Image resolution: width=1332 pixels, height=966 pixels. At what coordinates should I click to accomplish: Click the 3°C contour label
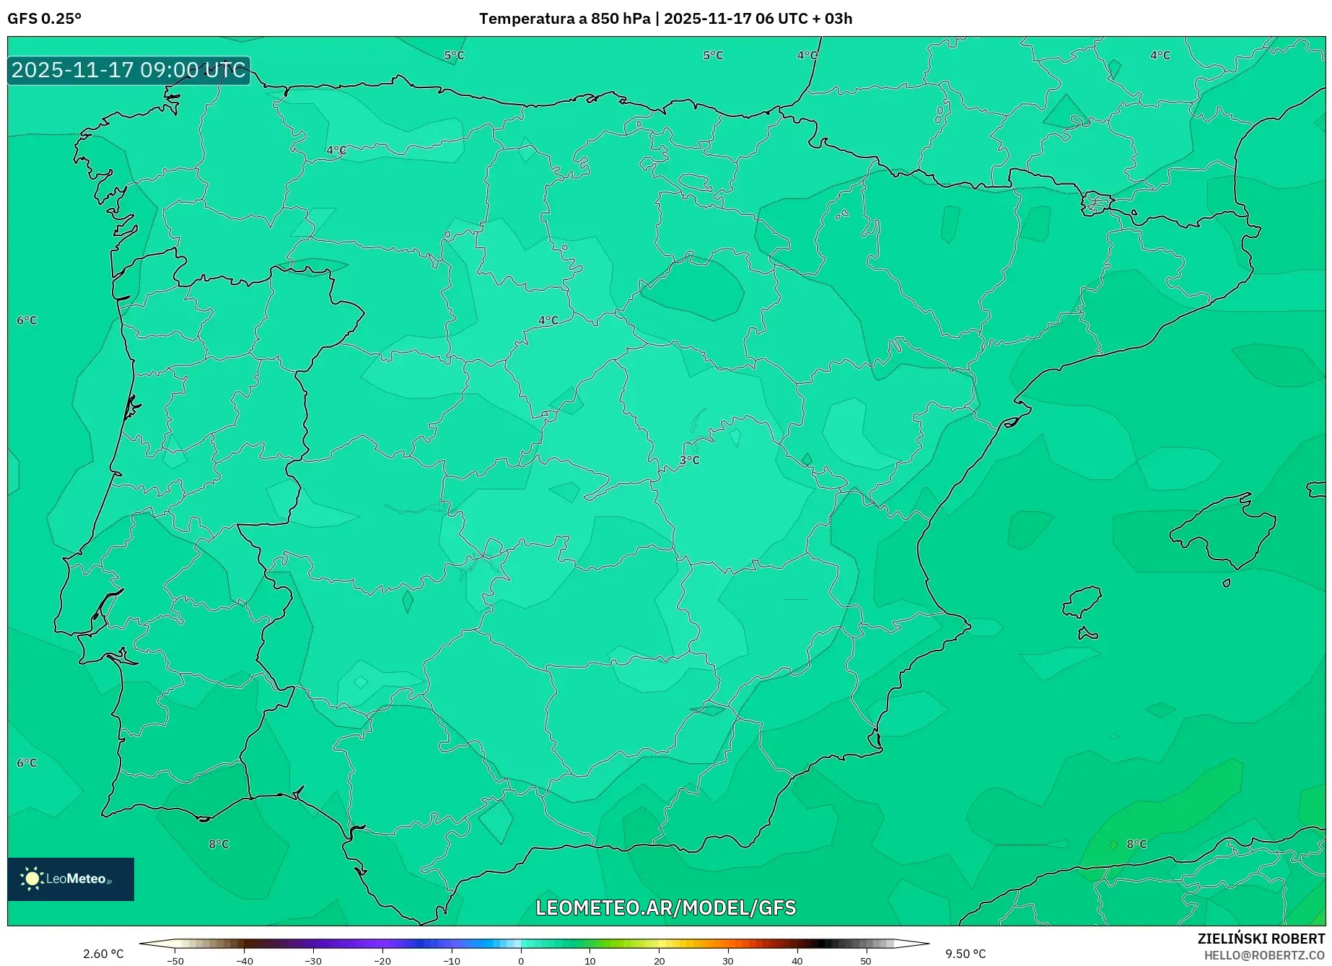point(689,460)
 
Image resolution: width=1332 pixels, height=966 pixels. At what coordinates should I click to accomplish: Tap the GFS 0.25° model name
point(44,19)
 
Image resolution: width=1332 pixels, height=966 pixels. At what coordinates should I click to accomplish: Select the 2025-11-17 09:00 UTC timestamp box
point(128,70)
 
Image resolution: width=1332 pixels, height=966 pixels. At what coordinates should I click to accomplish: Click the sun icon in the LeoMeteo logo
point(32,878)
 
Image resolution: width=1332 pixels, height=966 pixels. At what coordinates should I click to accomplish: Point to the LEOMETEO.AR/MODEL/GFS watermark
point(665,908)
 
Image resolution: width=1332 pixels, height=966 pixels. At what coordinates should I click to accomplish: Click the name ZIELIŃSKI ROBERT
point(1261,939)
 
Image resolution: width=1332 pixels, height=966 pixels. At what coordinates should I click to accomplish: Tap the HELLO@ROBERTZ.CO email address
point(1264,955)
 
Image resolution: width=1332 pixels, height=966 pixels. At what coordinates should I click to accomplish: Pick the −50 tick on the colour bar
point(175,961)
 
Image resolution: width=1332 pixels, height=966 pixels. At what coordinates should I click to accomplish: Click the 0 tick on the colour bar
point(521,961)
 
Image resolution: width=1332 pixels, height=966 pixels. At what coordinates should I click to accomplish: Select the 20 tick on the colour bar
point(659,961)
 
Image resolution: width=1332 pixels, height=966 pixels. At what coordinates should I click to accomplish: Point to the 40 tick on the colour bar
point(797,961)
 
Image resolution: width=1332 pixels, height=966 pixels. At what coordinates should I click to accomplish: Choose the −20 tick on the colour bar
point(382,961)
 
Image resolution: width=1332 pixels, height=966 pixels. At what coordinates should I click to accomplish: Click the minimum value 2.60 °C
point(103,954)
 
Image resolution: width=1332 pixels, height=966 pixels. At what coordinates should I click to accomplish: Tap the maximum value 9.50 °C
point(965,954)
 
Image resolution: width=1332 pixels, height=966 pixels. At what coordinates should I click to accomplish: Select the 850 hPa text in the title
point(621,19)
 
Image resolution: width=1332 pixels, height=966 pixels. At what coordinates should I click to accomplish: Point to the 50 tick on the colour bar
point(866,961)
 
